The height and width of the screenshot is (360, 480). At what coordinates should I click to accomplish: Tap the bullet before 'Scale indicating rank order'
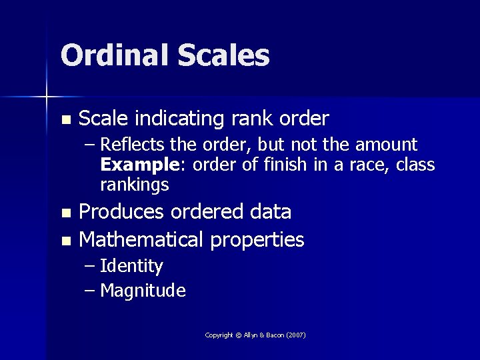(x=65, y=120)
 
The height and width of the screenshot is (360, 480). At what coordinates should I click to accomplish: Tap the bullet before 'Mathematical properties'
(x=65, y=240)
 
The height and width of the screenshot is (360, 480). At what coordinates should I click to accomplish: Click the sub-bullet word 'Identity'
(x=131, y=267)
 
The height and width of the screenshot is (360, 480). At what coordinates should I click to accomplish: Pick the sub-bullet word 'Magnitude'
(x=143, y=291)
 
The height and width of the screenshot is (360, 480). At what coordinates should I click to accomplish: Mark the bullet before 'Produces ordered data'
(x=65, y=213)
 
